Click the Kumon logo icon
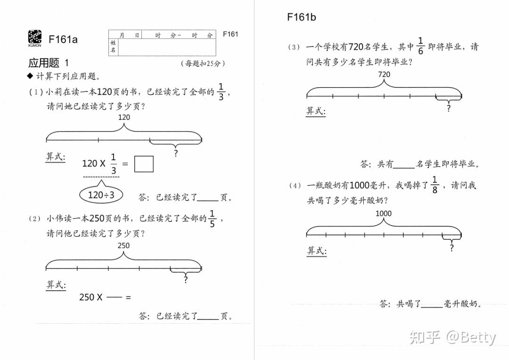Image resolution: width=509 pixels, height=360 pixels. (34, 38)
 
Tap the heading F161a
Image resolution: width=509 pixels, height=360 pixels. (63, 39)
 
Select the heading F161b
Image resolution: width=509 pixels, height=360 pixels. (301, 17)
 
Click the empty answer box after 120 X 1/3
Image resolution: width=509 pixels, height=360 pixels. (144, 164)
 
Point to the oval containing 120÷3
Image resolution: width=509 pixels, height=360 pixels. (101, 194)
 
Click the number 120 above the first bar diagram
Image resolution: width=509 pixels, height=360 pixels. (123, 117)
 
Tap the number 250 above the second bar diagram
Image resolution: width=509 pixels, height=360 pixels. (123, 245)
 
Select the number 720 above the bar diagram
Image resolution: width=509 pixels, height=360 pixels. (384, 74)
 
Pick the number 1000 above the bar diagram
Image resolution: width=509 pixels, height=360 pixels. (384, 213)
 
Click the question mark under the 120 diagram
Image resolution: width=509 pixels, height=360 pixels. (176, 154)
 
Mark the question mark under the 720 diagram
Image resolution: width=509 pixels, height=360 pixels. (448, 108)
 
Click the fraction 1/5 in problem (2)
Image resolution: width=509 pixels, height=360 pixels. (213, 219)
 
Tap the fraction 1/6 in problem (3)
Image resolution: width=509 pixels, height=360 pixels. (420, 46)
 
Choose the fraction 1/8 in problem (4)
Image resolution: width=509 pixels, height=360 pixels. (435, 185)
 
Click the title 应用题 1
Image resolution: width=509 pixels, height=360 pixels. (49, 63)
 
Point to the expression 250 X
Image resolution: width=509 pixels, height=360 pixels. (90, 297)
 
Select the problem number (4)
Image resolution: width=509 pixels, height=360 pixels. (295, 186)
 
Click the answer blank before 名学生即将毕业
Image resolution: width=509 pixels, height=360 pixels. (404, 165)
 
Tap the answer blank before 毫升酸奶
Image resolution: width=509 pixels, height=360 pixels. (432, 305)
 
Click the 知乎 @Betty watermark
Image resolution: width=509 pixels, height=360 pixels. (453, 337)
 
